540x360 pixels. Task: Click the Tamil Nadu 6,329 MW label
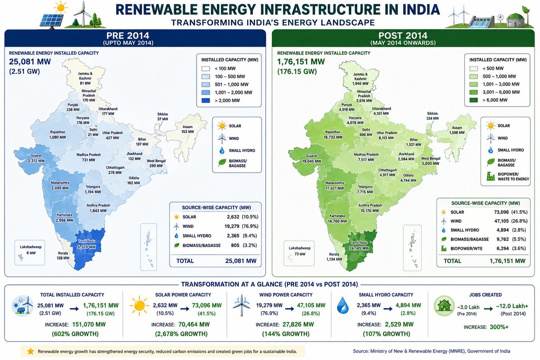click(x=86, y=244)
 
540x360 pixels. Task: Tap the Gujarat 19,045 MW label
click(x=311, y=158)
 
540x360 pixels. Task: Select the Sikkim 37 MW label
click(x=162, y=117)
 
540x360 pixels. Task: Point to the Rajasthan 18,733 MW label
click(x=333, y=135)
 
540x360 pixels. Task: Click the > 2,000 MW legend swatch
click(x=206, y=100)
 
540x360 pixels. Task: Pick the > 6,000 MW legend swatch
click(x=474, y=100)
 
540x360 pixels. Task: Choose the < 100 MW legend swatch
click(x=206, y=68)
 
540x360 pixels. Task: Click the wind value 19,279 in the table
click(x=232, y=226)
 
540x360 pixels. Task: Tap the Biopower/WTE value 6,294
click(x=502, y=248)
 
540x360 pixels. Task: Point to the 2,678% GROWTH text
click(x=181, y=334)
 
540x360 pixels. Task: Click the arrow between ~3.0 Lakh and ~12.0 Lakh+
click(x=488, y=309)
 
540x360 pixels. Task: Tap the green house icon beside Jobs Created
click(x=444, y=306)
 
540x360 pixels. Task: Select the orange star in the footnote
click(x=31, y=351)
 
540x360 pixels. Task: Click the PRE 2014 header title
click(x=128, y=36)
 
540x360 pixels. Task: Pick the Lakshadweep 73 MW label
click(x=299, y=251)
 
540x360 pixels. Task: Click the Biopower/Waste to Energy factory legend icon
click(x=490, y=176)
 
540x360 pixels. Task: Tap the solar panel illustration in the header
click(x=51, y=21)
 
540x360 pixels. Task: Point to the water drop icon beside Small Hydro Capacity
click(x=343, y=305)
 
